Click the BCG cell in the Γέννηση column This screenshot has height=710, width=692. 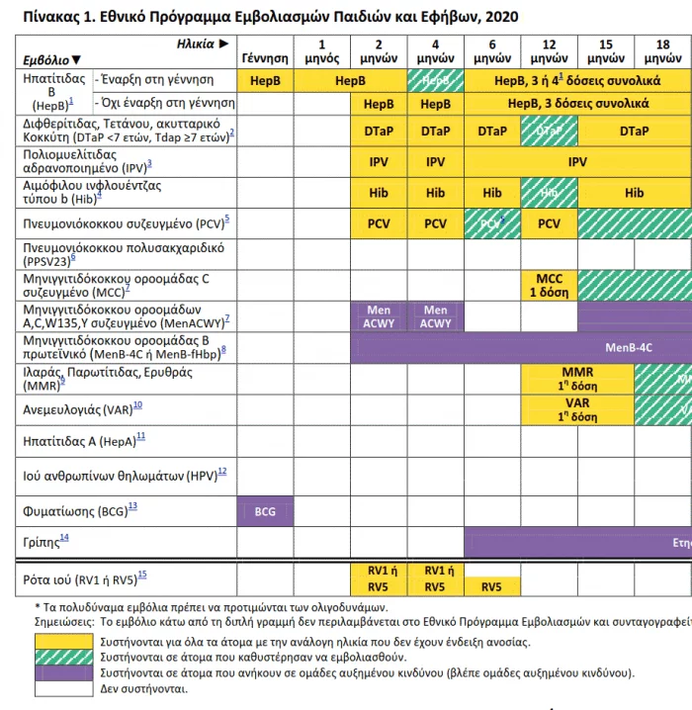(x=265, y=511)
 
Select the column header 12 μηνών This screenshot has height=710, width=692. (x=549, y=51)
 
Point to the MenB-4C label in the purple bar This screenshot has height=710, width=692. (x=629, y=347)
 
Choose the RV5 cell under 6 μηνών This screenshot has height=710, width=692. (x=491, y=585)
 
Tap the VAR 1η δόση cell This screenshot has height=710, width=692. (x=549, y=409)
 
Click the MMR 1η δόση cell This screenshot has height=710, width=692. (x=549, y=378)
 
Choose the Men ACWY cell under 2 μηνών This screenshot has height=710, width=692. (x=379, y=316)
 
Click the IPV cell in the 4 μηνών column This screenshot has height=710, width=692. (x=435, y=162)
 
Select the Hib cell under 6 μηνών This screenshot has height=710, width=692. (x=491, y=193)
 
